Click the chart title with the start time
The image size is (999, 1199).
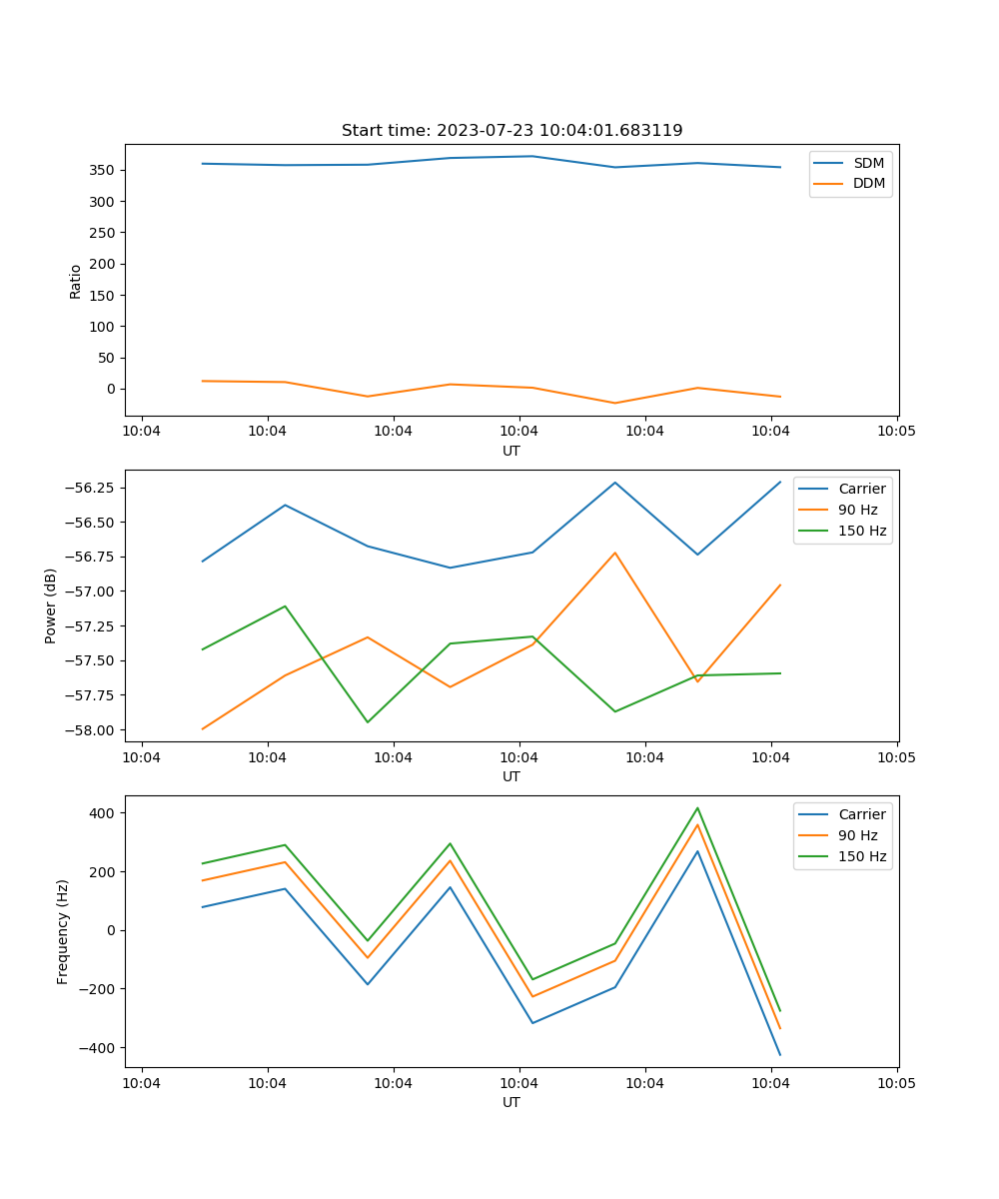click(x=511, y=131)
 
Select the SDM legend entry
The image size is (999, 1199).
click(x=868, y=163)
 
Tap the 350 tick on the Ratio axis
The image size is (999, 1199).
click(x=104, y=170)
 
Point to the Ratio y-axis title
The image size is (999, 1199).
click(x=76, y=281)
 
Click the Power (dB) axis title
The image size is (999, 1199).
click(x=51, y=605)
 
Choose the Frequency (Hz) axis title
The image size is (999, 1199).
click(x=63, y=931)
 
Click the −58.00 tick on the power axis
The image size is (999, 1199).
click(x=91, y=729)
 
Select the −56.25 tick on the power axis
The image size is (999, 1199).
click(x=91, y=488)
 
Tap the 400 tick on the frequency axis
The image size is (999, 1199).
click(x=103, y=813)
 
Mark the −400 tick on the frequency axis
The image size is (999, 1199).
click(x=99, y=1048)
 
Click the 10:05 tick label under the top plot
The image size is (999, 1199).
click(x=896, y=432)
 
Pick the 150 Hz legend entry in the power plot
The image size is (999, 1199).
click(x=862, y=531)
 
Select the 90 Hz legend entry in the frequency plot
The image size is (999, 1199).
click(x=858, y=835)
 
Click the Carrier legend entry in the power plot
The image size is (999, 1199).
click(x=861, y=489)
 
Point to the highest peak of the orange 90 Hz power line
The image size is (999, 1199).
click(x=614, y=553)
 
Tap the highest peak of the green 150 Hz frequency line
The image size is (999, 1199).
click(x=697, y=808)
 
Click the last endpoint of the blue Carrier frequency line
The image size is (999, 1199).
click(x=780, y=1055)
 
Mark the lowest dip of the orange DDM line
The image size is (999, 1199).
click(x=614, y=403)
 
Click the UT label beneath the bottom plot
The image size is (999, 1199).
click(x=511, y=1102)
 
